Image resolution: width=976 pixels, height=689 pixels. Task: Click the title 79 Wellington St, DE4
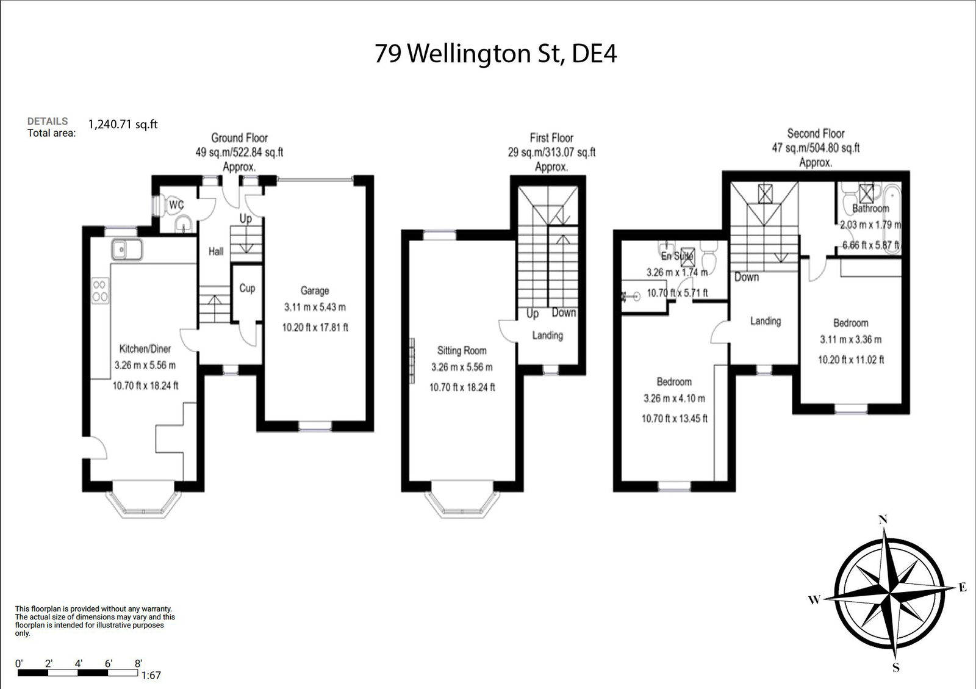(x=495, y=54)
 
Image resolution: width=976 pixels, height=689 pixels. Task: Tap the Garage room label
(x=314, y=290)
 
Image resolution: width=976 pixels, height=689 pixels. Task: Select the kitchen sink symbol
(x=126, y=250)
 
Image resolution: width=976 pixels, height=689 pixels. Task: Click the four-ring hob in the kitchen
(x=100, y=291)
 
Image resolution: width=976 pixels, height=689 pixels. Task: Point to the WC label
(x=176, y=205)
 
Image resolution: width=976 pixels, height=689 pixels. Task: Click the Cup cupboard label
(x=247, y=288)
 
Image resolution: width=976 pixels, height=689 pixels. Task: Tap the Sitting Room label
(x=462, y=350)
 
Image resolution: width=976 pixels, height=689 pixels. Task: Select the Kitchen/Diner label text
(x=145, y=348)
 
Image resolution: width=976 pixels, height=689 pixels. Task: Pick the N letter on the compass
(x=882, y=520)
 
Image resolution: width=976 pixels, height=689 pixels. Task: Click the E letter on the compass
(x=963, y=588)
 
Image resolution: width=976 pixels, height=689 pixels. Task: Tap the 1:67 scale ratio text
(x=151, y=675)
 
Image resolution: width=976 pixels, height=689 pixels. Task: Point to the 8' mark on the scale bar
(x=138, y=663)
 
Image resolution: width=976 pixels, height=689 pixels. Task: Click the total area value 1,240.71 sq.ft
(x=123, y=124)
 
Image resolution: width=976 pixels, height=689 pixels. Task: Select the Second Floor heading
(x=816, y=133)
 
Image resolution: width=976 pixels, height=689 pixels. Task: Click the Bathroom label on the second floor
(x=870, y=208)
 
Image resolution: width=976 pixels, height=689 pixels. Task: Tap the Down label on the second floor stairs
(x=746, y=277)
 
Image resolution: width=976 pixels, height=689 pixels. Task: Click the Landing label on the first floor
(x=547, y=335)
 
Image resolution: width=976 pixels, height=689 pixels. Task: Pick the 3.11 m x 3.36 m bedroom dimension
(x=850, y=339)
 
